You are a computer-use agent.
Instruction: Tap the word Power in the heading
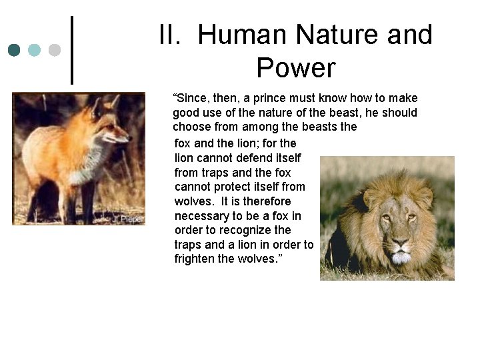click(x=295, y=67)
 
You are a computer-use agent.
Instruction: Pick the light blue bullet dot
click(x=35, y=50)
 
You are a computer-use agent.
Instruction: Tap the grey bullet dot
click(x=55, y=50)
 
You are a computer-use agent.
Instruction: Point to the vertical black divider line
click(x=72, y=50)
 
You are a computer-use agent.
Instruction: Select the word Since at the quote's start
click(x=190, y=99)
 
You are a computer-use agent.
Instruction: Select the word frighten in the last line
click(x=195, y=259)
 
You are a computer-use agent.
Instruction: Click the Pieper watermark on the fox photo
click(x=129, y=218)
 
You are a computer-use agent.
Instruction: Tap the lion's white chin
click(x=400, y=257)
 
